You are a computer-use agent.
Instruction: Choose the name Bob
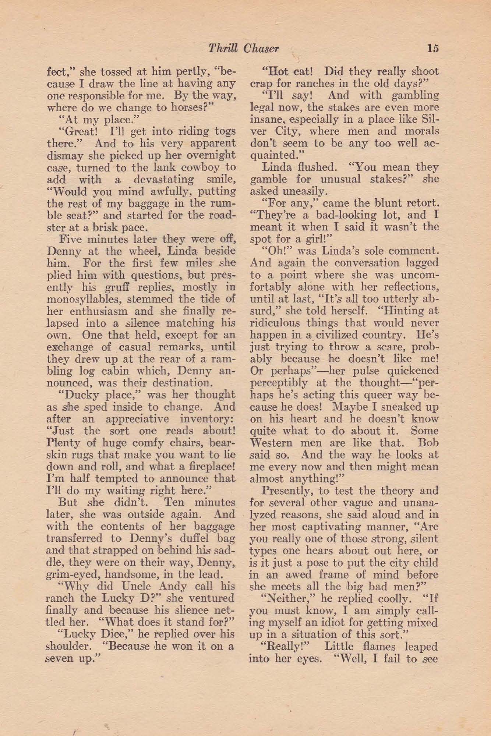(428, 443)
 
